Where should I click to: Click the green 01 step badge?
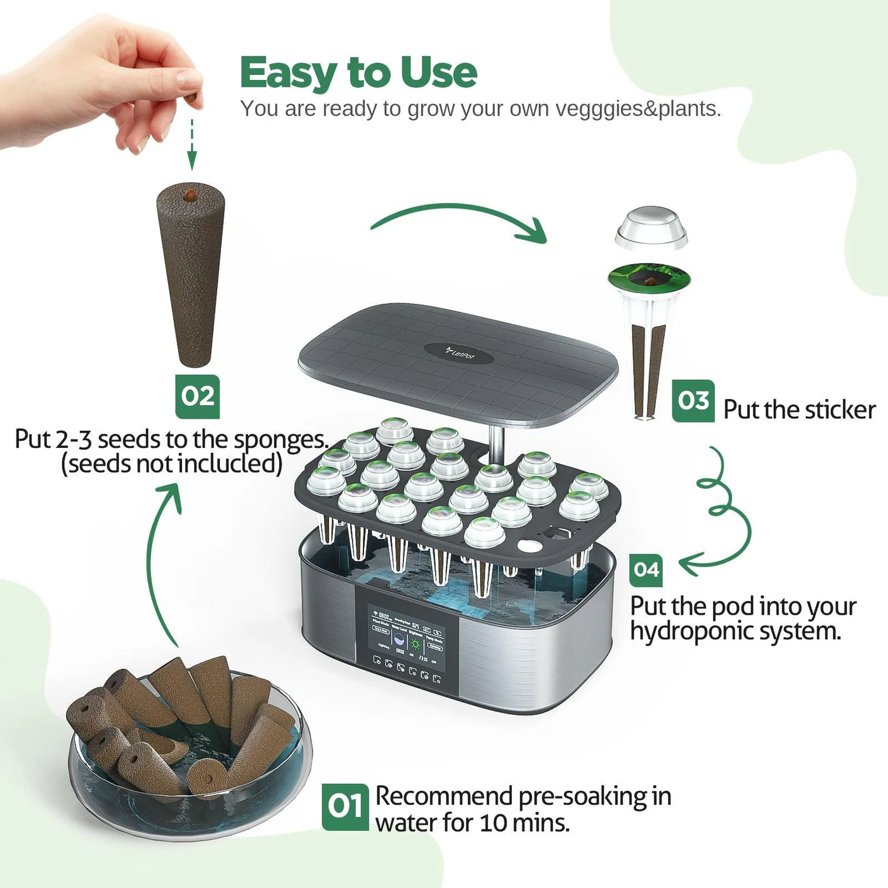344,807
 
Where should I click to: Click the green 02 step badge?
197,396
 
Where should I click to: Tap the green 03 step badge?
693,401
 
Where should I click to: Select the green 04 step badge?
646,570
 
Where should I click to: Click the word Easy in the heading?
289,73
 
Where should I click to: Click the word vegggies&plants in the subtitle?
638,109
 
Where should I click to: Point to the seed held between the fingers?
191,100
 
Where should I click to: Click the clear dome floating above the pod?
651,226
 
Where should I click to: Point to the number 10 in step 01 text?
493,823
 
